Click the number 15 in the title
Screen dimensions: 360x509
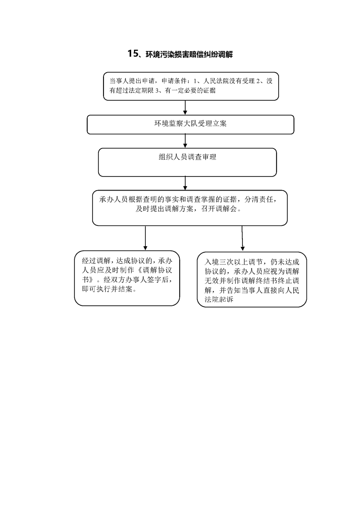(133, 54)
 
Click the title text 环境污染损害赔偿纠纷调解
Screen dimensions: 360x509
(189, 54)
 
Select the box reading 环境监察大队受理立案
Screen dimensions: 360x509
(190, 124)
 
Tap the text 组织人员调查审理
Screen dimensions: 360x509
(187, 157)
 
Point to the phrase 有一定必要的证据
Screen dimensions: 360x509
(190, 91)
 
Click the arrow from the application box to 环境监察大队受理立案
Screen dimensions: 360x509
(185, 108)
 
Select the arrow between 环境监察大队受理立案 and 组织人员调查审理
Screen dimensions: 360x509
(185, 141)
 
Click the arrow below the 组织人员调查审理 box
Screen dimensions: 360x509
(185, 183)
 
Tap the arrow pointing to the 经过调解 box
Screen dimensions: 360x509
(145, 238)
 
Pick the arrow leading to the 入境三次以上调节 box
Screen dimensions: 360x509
(242, 238)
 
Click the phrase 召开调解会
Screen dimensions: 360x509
(219, 209)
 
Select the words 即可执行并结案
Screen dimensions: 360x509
(107, 289)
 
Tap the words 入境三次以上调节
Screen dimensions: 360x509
(234, 262)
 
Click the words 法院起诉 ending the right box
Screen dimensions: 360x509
(219, 299)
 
